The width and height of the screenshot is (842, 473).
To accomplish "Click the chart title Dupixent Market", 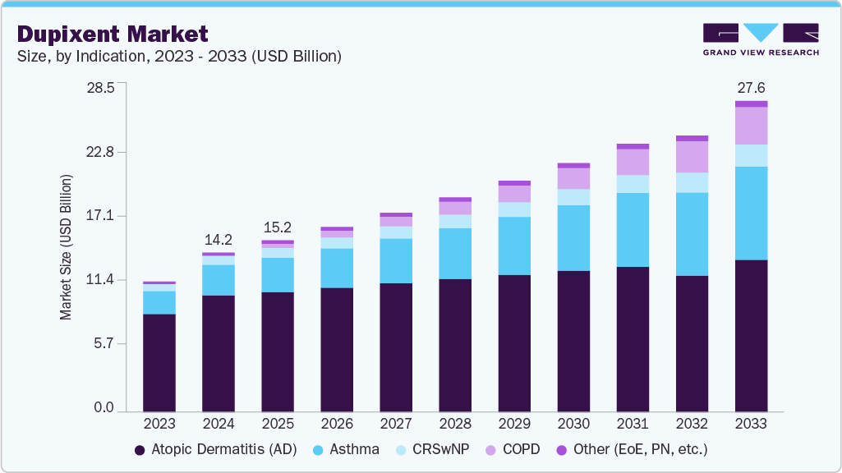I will [x=113, y=34].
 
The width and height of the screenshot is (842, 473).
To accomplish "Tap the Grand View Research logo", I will [x=760, y=39].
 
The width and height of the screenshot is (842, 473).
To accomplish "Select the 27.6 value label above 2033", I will [x=751, y=88].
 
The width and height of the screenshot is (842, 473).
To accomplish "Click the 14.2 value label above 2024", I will [x=219, y=240].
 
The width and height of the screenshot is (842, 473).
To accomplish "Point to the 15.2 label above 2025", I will [x=278, y=227].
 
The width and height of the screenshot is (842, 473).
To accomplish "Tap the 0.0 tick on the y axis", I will [x=103, y=408].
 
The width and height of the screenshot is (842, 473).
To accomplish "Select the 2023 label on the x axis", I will [x=159, y=425].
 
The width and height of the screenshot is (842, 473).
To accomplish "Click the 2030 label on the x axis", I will [x=573, y=425].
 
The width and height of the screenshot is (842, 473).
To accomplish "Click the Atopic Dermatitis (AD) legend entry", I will [x=212, y=449].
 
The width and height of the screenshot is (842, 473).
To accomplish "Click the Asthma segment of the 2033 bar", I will [x=751, y=214].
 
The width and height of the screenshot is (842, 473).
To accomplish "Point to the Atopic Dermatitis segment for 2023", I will [x=159, y=362].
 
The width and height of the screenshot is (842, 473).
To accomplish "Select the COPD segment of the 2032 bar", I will [x=692, y=157].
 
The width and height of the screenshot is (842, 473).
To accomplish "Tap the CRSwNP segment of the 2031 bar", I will [x=633, y=184].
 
